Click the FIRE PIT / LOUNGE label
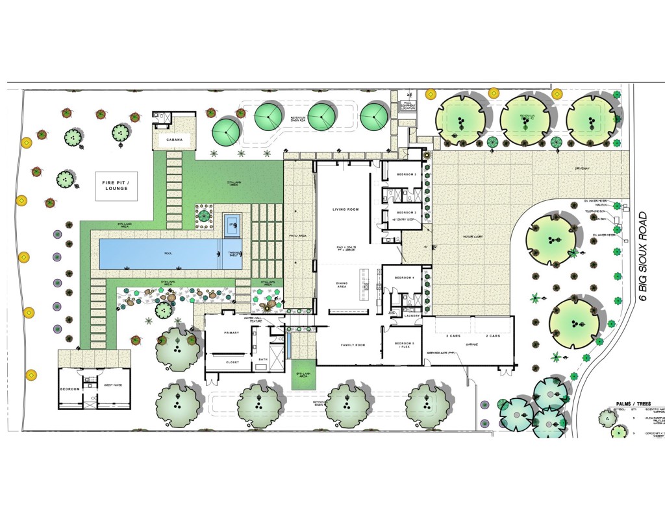[x=115, y=185]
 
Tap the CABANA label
[x=174, y=140]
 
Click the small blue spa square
[x=232, y=226]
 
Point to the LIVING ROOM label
[x=345, y=209]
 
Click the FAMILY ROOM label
[x=353, y=345]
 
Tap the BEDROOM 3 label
[x=407, y=174]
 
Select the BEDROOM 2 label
[x=407, y=212]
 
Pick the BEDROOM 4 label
[x=404, y=278]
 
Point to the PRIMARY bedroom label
[x=232, y=333]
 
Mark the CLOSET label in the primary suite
[x=232, y=363]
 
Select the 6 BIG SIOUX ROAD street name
[x=644, y=256]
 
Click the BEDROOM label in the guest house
[x=69, y=388]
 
